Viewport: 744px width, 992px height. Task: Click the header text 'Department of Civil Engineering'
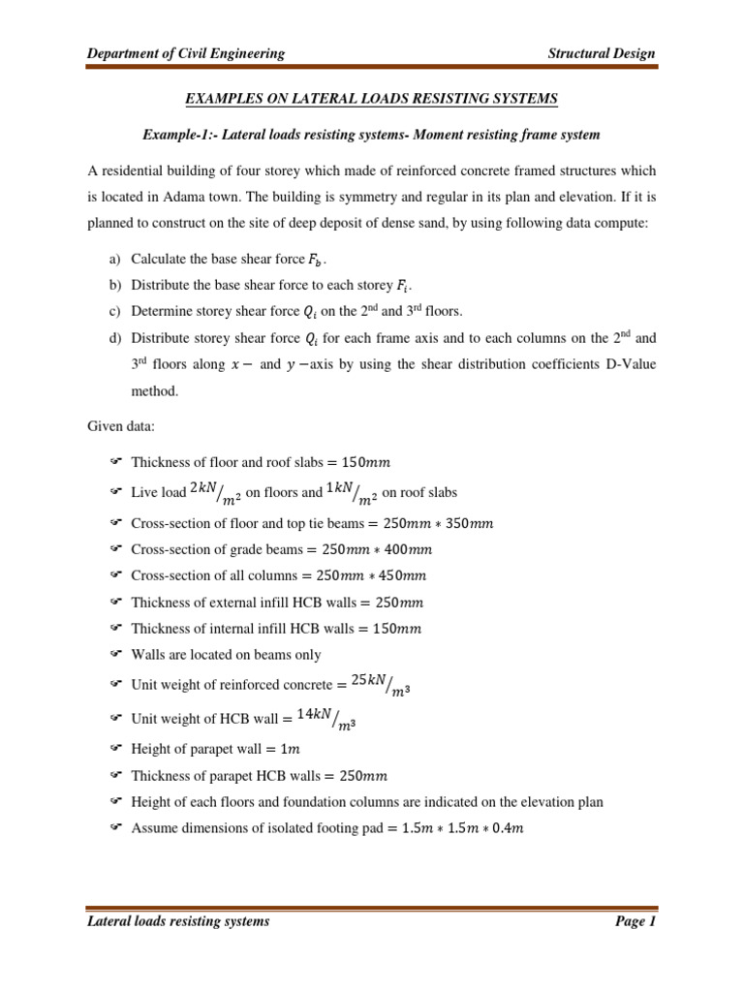186,53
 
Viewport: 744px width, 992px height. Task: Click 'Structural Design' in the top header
602,53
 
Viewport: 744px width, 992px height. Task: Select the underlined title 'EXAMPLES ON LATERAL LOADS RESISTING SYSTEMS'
372,99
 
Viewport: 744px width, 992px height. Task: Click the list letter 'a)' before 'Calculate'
113,260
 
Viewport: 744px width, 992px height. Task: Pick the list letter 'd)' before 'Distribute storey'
113,339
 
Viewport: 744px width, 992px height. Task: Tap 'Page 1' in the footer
635,921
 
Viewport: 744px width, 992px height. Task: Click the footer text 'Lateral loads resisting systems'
178,921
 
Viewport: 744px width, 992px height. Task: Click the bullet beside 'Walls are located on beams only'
113,655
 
